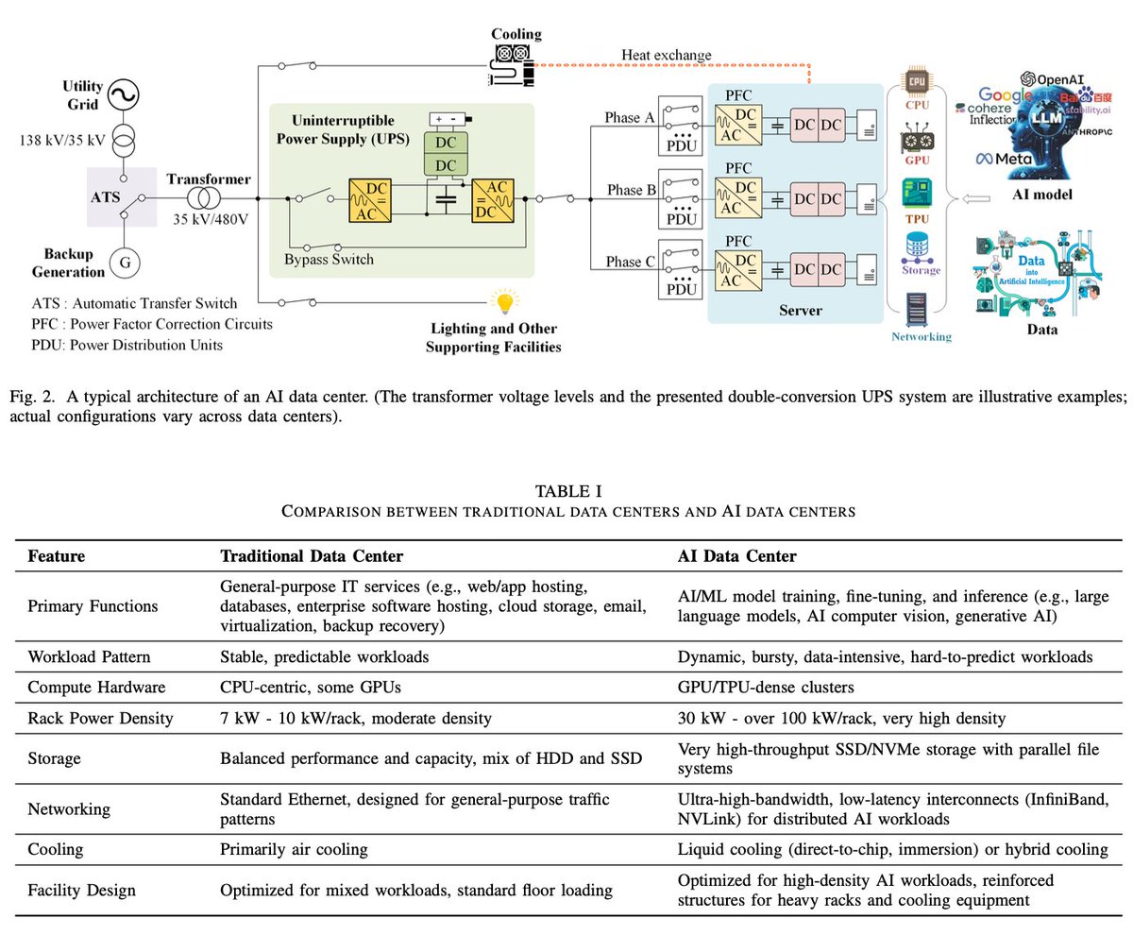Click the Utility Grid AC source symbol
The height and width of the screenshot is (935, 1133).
pyautogui.click(x=123, y=95)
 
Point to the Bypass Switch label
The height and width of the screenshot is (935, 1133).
pyautogui.click(x=330, y=259)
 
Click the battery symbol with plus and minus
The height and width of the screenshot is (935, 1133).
pyautogui.click(x=449, y=119)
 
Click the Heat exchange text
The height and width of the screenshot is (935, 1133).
pyautogui.click(x=667, y=55)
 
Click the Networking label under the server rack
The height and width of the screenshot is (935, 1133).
pyautogui.click(x=921, y=335)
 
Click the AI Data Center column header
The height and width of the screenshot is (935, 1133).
pyautogui.click(x=736, y=556)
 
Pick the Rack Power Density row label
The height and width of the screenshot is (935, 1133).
pyautogui.click(x=100, y=718)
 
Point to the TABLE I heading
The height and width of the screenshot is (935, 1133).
pyautogui.click(x=567, y=490)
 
